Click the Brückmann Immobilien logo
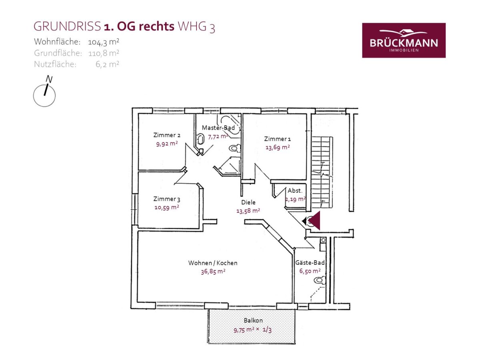pos(404,40)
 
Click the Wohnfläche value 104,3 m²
pos(104,42)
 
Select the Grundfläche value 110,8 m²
pos(104,53)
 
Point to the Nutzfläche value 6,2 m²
pos(107,64)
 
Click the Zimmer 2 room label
pos(167,135)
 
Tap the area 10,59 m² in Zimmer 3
pos(167,207)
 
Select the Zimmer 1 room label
pos(278,139)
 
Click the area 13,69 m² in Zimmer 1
pos(278,147)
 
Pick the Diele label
pos(248,202)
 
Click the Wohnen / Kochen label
pos(213,263)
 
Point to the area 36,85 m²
pos(213,272)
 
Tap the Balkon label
pos(253,320)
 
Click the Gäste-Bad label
pos(310,262)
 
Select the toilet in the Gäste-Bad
pos(320,280)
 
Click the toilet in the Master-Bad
pos(235,148)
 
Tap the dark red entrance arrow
pos(313,220)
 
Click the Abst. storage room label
pos(295,191)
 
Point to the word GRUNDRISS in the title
pos(67,26)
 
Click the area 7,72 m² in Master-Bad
pos(218,137)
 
